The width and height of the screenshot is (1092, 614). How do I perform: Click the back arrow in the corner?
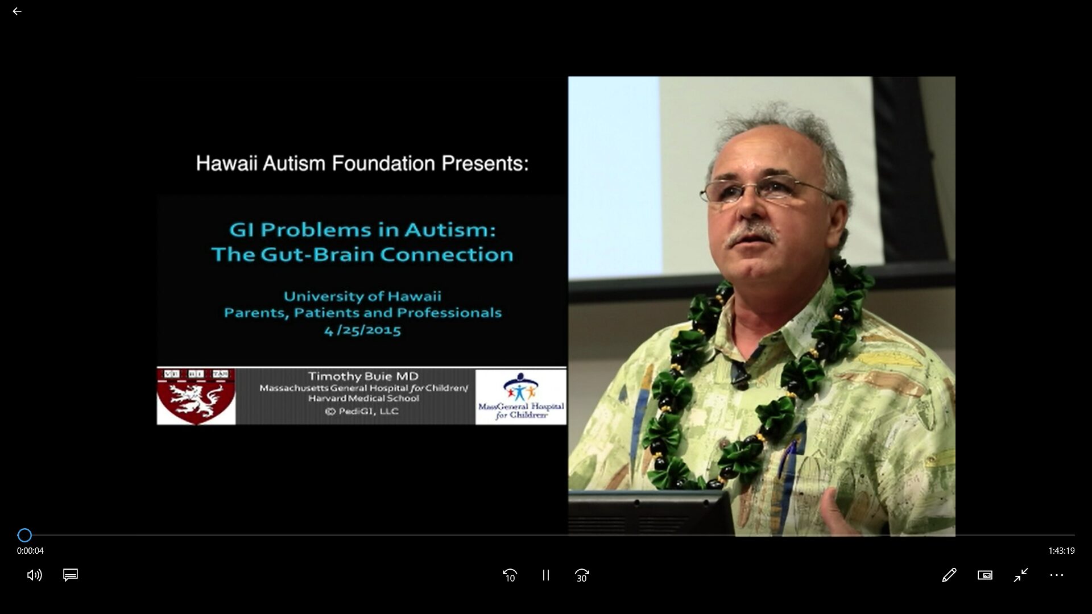click(17, 11)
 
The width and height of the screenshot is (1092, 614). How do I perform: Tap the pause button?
click(546, 575)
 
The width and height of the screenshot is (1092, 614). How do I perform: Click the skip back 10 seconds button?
click(510, 575)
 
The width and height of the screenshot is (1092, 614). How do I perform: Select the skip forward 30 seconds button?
click(582, 575)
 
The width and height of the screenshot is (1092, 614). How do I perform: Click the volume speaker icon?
click(34, 575)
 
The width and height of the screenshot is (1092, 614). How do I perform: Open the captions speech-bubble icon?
click(71, 575)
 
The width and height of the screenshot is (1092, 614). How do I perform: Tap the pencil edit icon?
click(949, 575)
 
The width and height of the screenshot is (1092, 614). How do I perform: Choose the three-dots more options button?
click(1057, 575)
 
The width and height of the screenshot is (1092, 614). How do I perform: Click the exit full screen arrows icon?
click(1021, 575)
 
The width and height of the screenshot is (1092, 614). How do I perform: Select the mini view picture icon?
click(985, 575)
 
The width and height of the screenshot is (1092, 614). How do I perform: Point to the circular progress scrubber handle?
click(24, 535)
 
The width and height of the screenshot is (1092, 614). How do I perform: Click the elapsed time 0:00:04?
click(30, 551)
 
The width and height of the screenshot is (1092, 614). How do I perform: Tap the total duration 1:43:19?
click(1061, 551)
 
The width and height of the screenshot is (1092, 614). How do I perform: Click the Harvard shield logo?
click(196, 396)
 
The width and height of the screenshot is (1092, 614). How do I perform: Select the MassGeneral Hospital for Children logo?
click(521, 396)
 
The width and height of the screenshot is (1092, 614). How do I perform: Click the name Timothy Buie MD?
click(363, 376)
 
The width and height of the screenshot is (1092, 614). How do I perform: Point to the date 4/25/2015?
click(363, 330)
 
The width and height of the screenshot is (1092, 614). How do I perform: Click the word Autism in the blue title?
click(450, 230)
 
